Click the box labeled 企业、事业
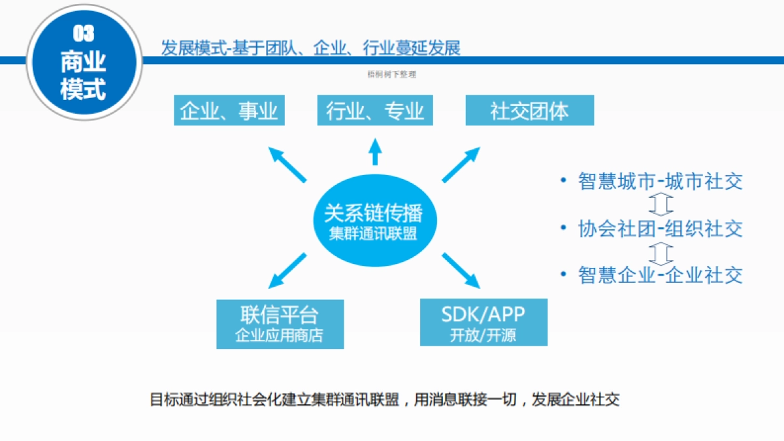(x=229, y=110)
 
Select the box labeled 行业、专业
(x=375, y=110)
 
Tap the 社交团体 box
(x=529, y=110)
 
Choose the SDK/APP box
(x=483, y=322)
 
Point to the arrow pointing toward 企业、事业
(x=287, y=164)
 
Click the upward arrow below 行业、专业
(x=375, y=152)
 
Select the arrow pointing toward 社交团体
(x=463, y=165)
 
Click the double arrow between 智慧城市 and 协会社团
(x=661, y=204)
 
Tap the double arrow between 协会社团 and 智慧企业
(x=661, y=252)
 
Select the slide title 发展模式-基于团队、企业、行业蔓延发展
(x=311, y=48)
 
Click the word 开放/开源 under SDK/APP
(x=483, y=336)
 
